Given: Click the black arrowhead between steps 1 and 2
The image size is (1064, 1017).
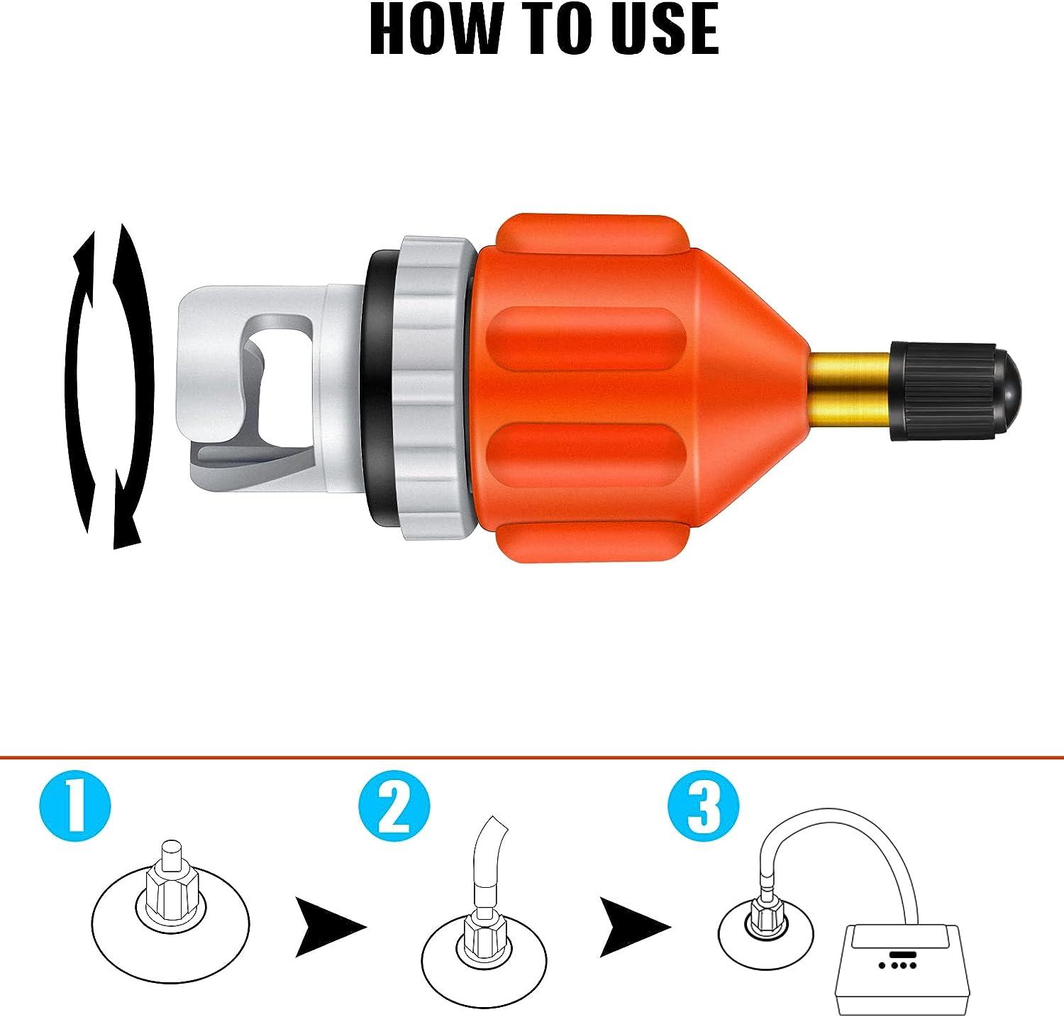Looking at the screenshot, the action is (328, 927).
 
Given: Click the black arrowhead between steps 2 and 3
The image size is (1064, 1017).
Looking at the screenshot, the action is (634, 927).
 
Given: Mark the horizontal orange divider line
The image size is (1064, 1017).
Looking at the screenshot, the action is (532, 758).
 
